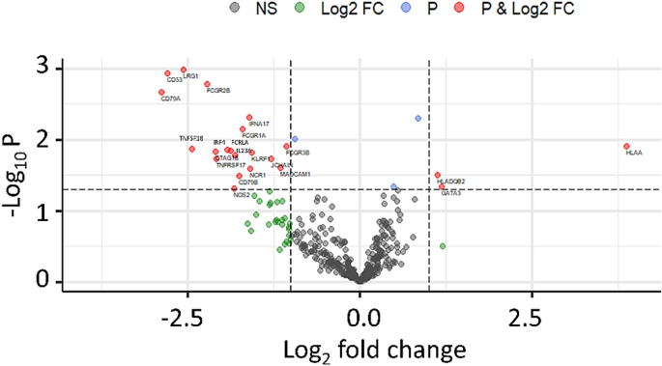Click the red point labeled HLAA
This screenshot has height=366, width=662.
click(x=626, y=146)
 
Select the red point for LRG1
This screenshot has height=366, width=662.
click(x=184, y=70)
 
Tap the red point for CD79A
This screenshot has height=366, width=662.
click(x=161, y=93)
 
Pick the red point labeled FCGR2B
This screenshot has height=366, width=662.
click(x=207, y=84)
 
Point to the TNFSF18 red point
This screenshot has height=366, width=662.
click(x=192, y=149)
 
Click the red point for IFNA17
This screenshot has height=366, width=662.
click(x=249, y=117)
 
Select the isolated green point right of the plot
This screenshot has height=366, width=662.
click(x=443, y=246)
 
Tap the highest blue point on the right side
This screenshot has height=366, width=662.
click(x=418, y=118)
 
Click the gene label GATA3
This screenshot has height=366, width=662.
click(x=451, y=194)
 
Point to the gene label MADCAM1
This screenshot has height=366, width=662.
click(x=295, y=174)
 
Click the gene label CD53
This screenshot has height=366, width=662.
click(x=175, y=80)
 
